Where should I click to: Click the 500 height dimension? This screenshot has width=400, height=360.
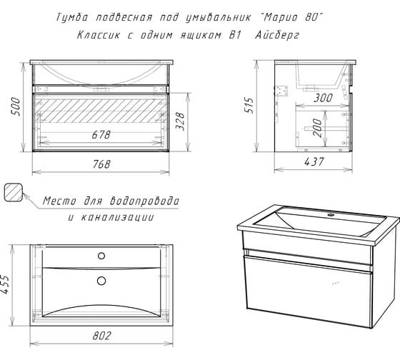pos(16,106)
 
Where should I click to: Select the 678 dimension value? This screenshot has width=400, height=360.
pos(101,135)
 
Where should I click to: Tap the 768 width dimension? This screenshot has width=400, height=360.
pos(101,164)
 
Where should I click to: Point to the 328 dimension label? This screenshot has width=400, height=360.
pos(180,121)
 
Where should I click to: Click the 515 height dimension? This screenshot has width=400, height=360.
pos(249,105)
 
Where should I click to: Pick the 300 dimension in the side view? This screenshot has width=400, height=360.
pos(323,98)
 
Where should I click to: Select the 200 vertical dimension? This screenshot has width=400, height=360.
pos(317,128)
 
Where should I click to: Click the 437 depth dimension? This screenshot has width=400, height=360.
pos(314,161)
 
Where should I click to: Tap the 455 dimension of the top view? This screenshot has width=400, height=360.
pos(5,284)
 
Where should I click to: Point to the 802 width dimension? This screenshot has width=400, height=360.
pos(101,336)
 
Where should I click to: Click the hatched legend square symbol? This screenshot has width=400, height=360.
pos(14,192)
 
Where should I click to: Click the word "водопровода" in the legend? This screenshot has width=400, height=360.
pos(144,201)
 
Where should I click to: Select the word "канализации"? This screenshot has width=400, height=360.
pos(118,218)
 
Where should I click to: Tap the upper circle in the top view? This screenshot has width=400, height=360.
pos(101,256)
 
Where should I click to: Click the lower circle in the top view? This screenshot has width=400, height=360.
pos(101,281)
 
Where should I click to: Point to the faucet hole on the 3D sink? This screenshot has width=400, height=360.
pos(331,215)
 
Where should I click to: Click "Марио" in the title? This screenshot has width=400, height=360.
pos(281,18)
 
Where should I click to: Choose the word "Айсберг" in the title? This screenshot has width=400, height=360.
pos(277,35)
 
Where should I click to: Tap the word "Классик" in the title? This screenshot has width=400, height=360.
pos(99,35)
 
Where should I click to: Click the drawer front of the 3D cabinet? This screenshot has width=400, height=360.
pos(308,291)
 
